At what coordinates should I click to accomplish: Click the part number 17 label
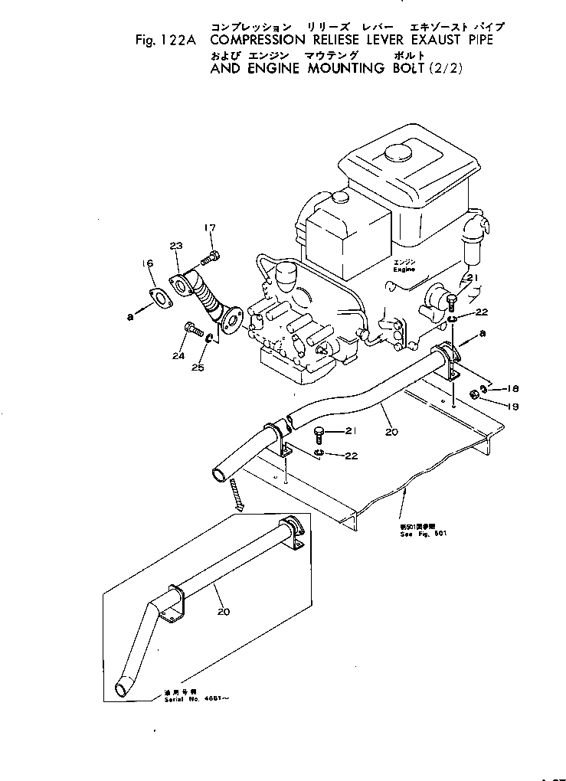point(211,228)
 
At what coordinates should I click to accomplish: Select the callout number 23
point(176,246)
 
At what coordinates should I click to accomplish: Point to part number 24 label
point(178,355)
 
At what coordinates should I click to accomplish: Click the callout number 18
point(513,389)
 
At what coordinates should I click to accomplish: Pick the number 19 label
point(513,407)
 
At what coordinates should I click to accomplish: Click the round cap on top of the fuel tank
point(400,152)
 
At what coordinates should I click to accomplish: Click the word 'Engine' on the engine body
point(403,270)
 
